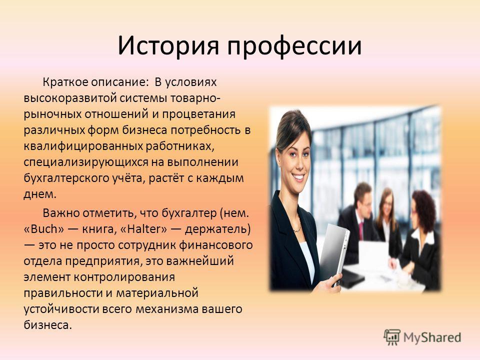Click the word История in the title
tap(168, 46)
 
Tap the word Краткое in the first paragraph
tap(65, 82)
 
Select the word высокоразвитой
tap(70, 98)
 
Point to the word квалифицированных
tap(83, 146)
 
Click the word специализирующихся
tap(86, 162)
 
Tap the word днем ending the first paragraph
tap(40, 194)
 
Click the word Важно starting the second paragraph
tap(60, 213)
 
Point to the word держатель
tap(217, 229)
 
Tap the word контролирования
tap(124, 277)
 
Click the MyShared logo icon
tap(392, 337)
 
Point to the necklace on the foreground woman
tap(296, 228)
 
